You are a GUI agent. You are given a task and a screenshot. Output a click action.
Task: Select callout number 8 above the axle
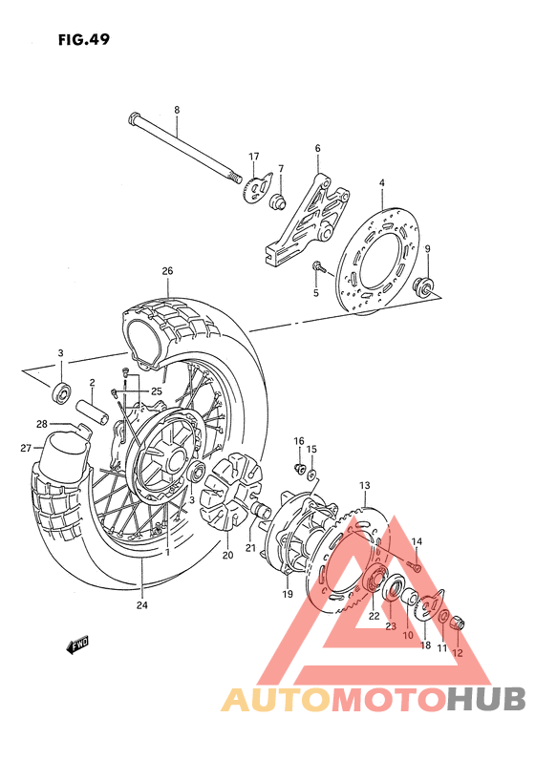click(x=177, y=110)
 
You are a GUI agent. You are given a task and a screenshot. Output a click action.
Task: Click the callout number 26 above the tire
click(x=167, y=271)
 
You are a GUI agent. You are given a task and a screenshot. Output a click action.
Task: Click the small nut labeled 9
click(x=429, y=284)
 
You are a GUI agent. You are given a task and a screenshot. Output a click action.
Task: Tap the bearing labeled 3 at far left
click(x=61, y=391)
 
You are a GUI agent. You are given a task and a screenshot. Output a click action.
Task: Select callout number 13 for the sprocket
click(x=364, y=486)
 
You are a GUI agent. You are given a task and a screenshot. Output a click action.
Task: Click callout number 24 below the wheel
click(x=140, y=603)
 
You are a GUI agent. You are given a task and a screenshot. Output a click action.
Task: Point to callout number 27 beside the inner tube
click(x=26, y=447)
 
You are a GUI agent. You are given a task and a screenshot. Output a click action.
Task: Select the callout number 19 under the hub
click(x=286, y=595)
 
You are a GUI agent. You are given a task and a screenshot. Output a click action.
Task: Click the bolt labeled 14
click(x=415, y=569)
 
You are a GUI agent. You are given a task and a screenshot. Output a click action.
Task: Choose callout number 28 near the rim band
click(x=42, y=425)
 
